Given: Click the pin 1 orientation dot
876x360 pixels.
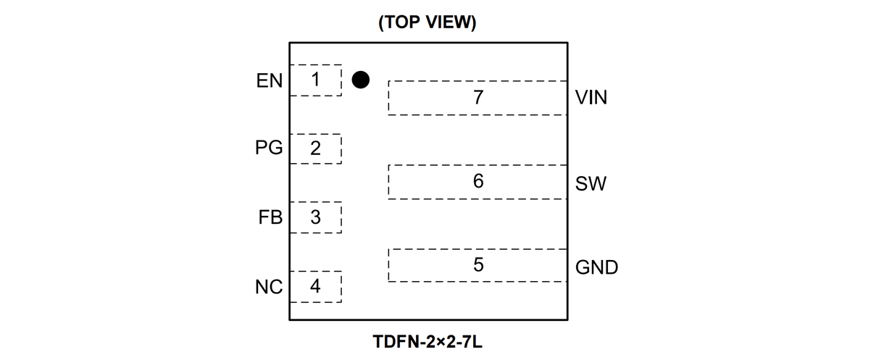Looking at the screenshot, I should pos(360,80).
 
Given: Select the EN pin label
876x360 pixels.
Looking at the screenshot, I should pos(270,80).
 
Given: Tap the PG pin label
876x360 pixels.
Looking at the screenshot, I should pos(269,148).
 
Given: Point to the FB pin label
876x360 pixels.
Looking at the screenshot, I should pos(270,217).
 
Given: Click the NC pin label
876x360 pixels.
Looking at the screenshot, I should pos(269,287).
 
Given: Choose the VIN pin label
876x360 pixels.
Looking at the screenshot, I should pos(591,97).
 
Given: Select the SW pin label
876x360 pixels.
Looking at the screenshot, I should pos(591,183).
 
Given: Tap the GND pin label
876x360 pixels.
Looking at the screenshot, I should pos(596,267).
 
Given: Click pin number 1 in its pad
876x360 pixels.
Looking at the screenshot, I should pos(315,79).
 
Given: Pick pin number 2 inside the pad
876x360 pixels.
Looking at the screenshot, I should pos(315,148).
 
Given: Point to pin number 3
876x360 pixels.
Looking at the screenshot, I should pos(315,217).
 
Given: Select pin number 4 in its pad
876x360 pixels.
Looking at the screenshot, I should pos(315,286).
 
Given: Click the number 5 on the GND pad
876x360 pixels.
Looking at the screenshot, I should pos(478,265).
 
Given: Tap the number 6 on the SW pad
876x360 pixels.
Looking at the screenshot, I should pos(478,181).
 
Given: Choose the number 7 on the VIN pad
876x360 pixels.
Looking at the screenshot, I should pos(478,97).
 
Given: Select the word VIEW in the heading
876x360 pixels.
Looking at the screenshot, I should pos(449,22).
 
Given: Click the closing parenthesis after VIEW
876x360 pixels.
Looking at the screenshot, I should pos(473,22).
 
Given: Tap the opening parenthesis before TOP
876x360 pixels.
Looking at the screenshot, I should pos(381,22).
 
